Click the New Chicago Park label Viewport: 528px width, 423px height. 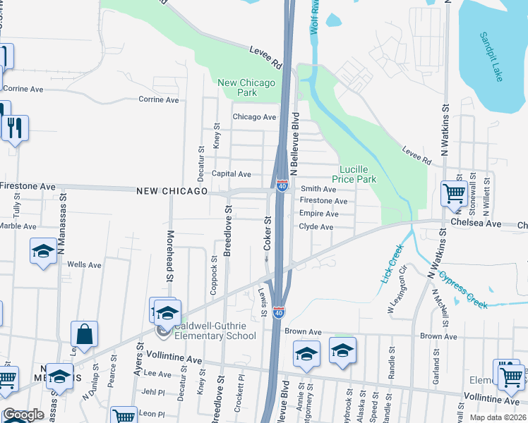[x=246, y=87]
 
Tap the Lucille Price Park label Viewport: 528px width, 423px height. [x=358, y=175]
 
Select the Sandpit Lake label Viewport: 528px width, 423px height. [x=490, y=56]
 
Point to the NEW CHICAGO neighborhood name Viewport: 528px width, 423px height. [x=172, y=191]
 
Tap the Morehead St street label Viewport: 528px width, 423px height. [x=169, y=255]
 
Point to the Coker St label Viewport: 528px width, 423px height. [x=268, y=233]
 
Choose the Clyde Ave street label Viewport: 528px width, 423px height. [x=316, y=227]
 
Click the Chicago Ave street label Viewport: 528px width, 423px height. [x=254, y=117]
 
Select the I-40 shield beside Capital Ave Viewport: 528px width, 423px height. [x=282, y=185]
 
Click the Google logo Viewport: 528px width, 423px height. [x=23, y=415]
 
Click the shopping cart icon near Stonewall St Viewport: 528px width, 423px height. [x=453, y=192]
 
